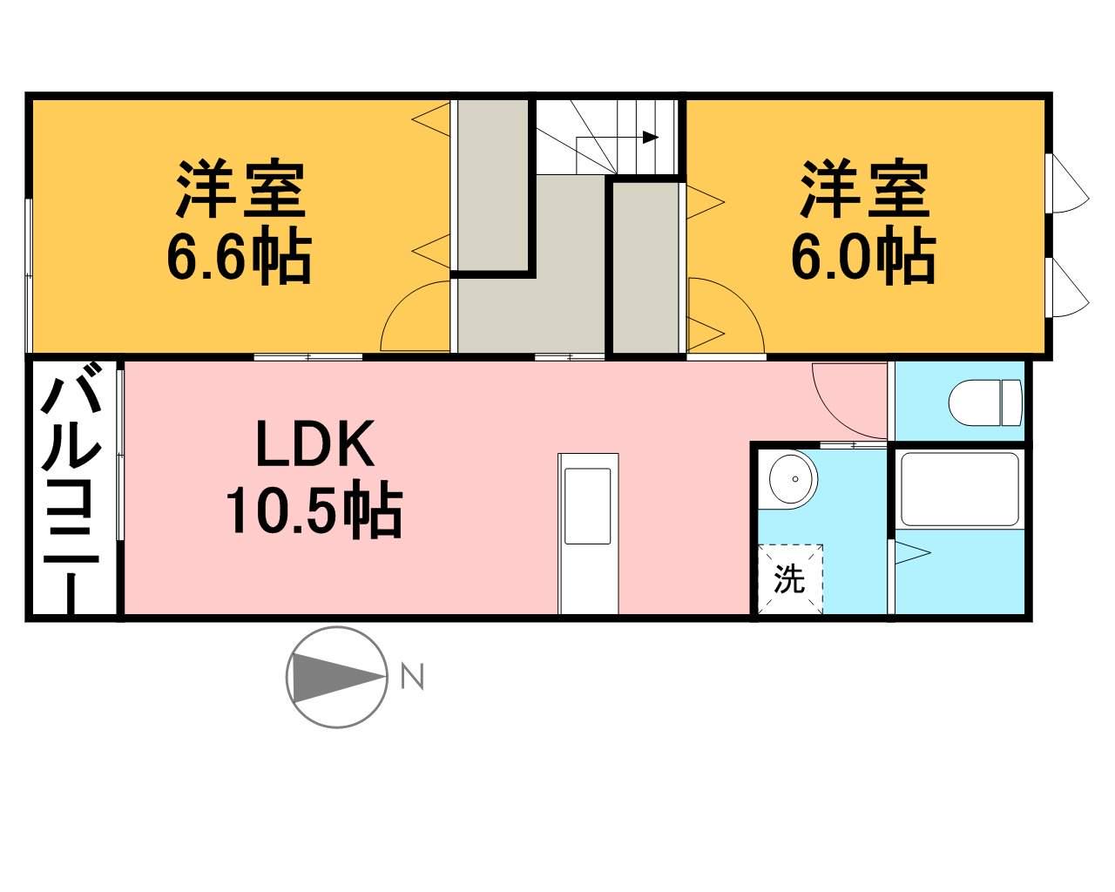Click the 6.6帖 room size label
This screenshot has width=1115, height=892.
tap(240, 258)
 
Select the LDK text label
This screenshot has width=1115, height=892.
tap(315, 443)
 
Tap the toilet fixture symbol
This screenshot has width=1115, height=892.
tap(985, 402)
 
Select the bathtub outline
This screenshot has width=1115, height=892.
tap(960, 490)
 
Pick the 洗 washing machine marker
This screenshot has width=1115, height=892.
tap(789, 579)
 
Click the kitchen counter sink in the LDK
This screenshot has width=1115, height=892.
tap(587, 506)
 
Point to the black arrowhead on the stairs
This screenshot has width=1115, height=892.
tap(650, 138)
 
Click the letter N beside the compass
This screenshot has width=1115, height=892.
tap(412, 677)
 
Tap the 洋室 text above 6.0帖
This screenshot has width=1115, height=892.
tap(864, 191)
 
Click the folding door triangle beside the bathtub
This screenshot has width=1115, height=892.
tap(913, 552)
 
